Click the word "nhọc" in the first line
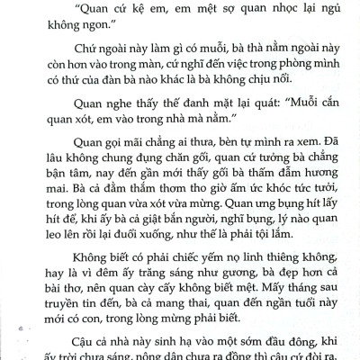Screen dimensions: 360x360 pos(257,13)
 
